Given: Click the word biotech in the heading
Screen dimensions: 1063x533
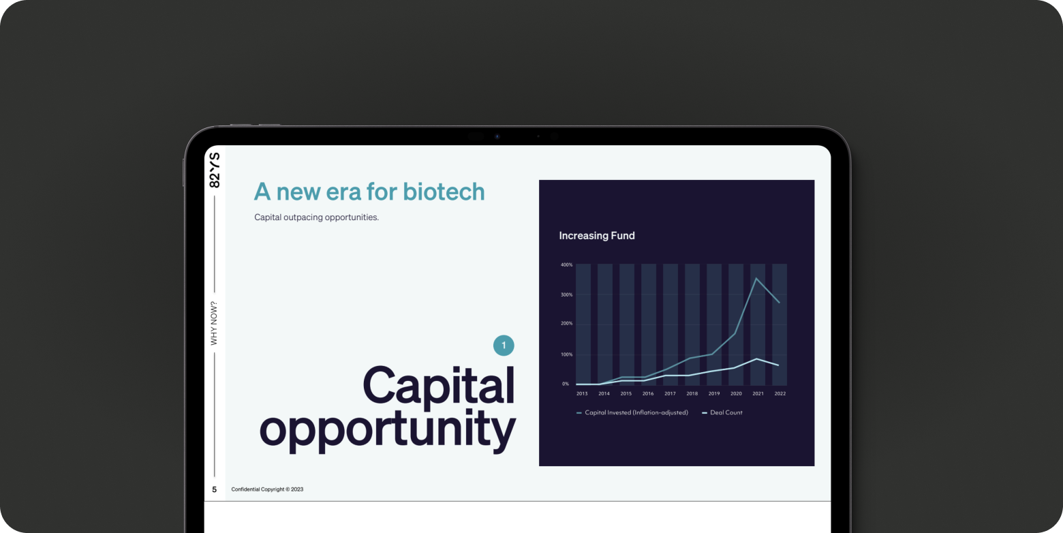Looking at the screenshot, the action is click(x=444, y=192).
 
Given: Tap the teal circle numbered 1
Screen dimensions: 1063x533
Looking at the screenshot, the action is click(x=504, y=346).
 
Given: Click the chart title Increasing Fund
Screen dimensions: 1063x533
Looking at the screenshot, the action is click(x=596, y=236).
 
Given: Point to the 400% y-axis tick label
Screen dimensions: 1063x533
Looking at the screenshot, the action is click(x=567, y=265).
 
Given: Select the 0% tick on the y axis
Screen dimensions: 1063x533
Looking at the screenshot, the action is click(x=565, y=384).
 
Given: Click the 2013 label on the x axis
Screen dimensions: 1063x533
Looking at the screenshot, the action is click(x=582, y=393).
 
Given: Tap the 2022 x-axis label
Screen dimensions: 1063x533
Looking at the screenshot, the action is click(x=780, y=393).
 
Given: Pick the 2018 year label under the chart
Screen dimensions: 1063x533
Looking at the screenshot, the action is click(x=692, y=393).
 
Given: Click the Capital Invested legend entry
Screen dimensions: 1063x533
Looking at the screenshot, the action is click(x=632, y=413).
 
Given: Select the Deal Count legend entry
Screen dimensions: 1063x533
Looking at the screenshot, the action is click(x=722, y=413).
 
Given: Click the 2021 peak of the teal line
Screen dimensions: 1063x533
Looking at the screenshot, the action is click(x=756, y=278).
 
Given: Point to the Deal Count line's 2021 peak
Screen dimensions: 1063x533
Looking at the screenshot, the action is click(x=757, y=359).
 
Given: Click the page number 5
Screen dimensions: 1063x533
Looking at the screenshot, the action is click(x=215, y=489).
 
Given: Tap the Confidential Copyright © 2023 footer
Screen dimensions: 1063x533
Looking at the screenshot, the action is click(x=267, y=489).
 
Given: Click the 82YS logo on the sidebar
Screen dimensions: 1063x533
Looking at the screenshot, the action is click(x=215, y=170).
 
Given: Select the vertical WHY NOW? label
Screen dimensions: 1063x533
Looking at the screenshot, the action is click(x=214, y=323).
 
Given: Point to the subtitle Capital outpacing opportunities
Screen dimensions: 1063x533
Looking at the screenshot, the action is click(x=317, y=217).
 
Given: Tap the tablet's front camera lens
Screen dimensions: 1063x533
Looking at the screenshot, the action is click(x=497, y=137).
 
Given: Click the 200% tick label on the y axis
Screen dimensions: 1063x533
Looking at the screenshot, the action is click(x=567, y=324).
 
